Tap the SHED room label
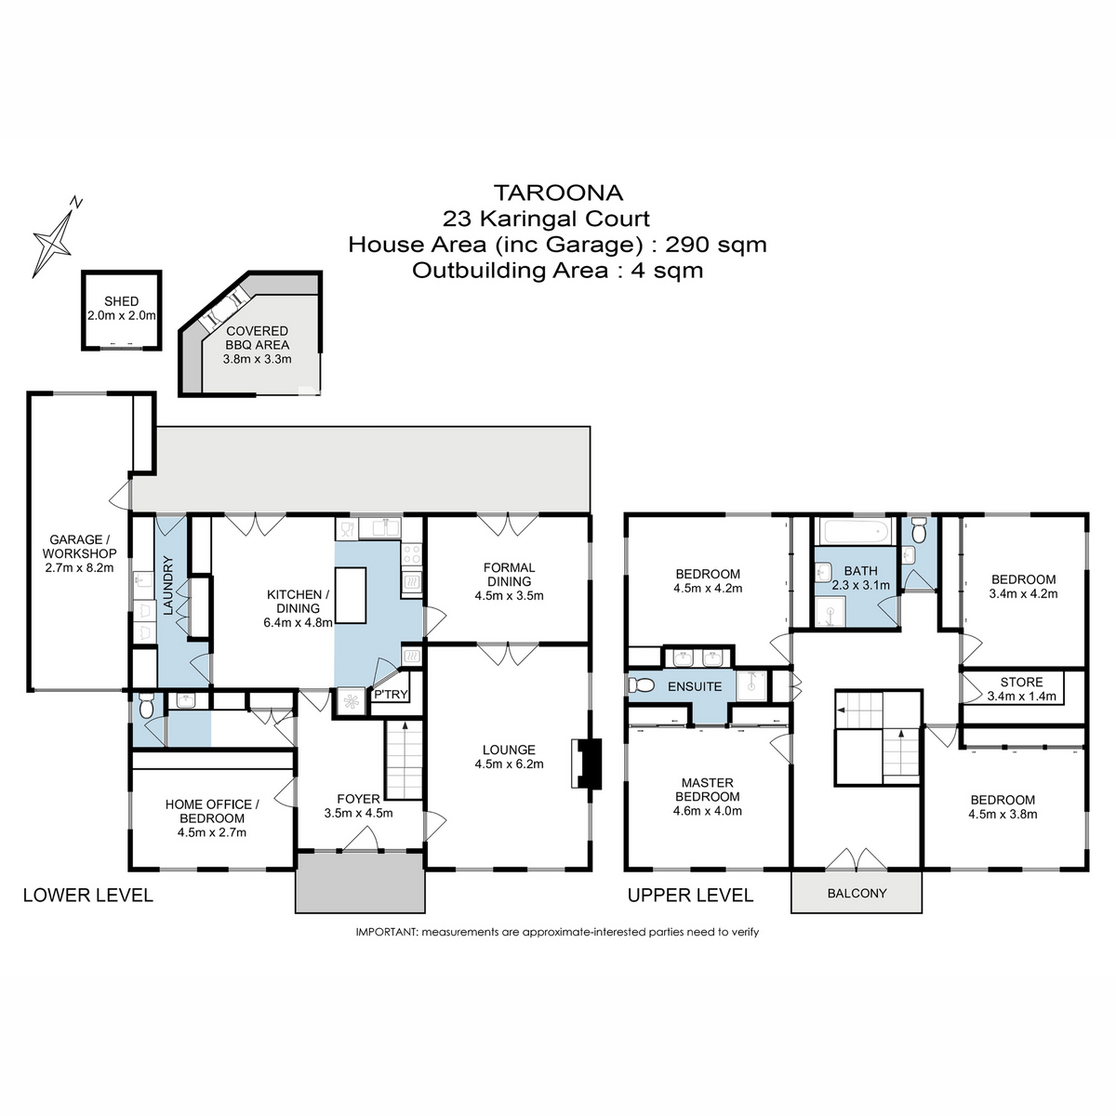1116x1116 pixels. coord(121,301)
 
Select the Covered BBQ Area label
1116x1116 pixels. coord(258,338)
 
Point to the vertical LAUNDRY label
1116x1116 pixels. coord(168,586)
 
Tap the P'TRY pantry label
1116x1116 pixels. coord(390,695)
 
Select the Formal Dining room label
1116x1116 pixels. coord(509,574)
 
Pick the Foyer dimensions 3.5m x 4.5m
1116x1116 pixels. coord(358,813)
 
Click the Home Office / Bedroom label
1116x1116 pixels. coord(212,811)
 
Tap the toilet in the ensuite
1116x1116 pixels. coord(640,685)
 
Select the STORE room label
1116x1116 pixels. coord(1021,682)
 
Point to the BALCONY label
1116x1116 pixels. coord(857,893)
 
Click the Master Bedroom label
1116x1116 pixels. coord(707,790)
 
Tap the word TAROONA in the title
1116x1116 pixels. coord(558,193)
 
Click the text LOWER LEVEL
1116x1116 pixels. coord(87,895)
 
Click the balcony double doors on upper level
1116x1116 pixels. coord(857,858)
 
